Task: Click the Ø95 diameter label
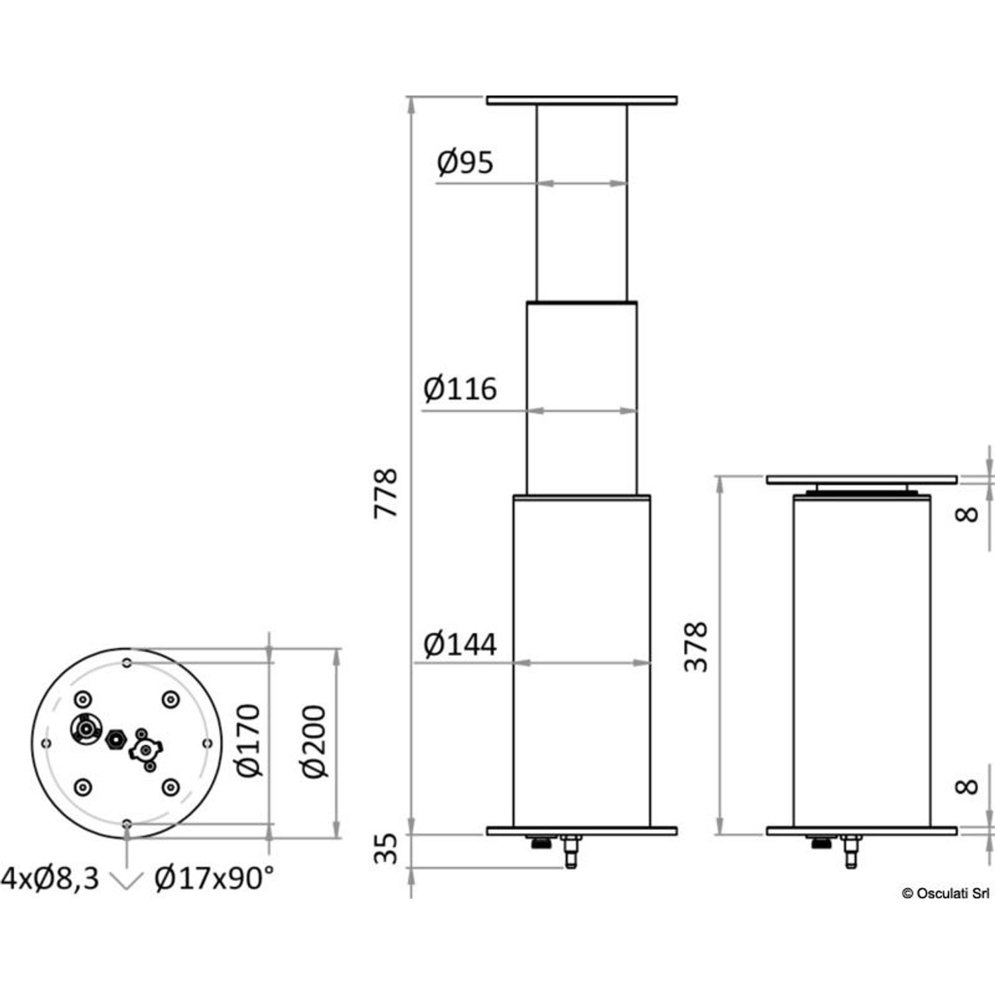[466, 163]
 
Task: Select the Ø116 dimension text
[460, 389]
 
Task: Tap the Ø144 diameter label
[460, 644]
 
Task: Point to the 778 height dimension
[385, 493]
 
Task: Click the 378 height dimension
[696, 647]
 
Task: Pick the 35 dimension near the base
[385, 849]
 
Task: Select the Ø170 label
[249, 740]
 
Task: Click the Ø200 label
[314, 742]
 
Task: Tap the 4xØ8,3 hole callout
[50, 879]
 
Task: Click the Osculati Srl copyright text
[945, 894]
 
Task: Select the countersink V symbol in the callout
[126, 881]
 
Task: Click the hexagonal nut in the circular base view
[116, 738]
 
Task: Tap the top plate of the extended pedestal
[582, 101]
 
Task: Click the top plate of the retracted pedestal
[862, 480]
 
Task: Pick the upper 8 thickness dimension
[968, 514]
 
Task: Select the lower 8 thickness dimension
[968, 787]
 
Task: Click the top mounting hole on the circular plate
[127, 663]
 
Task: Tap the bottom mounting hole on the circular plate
[127, 824]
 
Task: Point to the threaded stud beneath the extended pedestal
[570, 852]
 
